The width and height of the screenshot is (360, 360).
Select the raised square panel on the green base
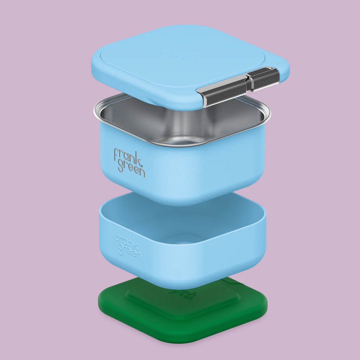(183, 303)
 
